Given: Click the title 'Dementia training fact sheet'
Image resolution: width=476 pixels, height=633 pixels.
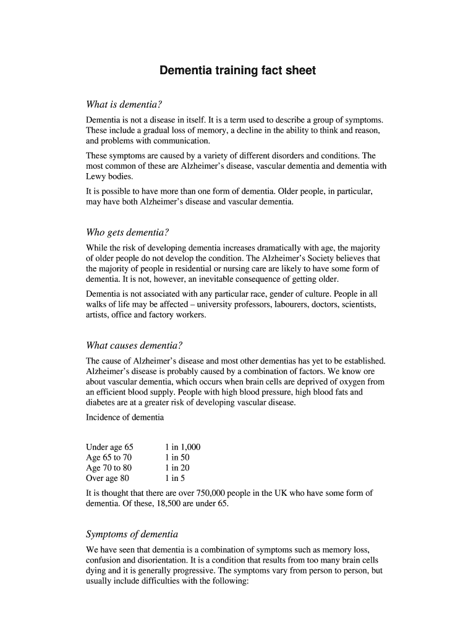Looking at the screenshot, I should coord(237,70).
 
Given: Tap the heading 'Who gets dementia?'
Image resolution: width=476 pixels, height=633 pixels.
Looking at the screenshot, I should coord(127,232).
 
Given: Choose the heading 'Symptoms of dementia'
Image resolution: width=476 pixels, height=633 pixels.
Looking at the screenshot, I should coord(132,533).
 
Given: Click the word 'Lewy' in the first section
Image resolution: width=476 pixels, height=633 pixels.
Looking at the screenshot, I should coord(96,176).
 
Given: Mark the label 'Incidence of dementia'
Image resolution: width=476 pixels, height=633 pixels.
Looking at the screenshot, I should coord(125,417).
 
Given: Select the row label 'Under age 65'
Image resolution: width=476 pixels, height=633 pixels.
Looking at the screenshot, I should coord(109,447).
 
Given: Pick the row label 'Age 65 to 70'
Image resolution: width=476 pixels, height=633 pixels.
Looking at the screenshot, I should coord(109,457).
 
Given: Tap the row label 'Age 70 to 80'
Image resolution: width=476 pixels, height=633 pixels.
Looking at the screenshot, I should coord(109,468).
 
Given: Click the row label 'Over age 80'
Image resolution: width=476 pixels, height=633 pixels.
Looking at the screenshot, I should coord(108,478).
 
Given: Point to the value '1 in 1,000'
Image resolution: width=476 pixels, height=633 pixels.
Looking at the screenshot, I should coord(182,447).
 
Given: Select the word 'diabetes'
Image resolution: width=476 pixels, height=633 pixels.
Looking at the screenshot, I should coord(102,403).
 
